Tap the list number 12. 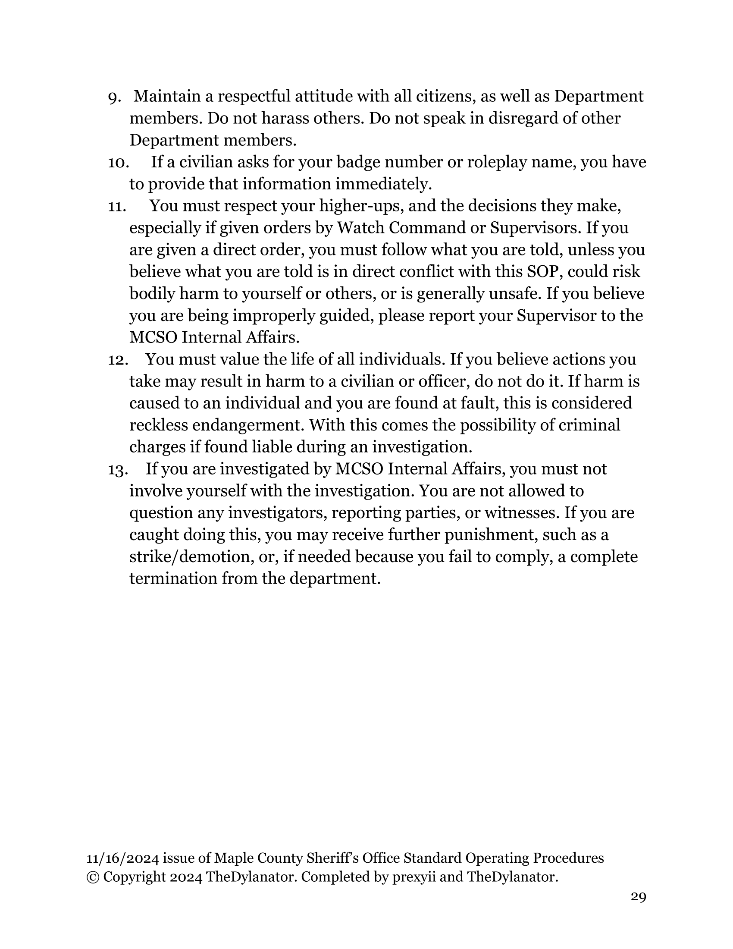pyautogui.click(x=117, y=360)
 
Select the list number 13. pyautogui.click(x=117, y=470)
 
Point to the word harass pyautogui.click(x=281, y=118)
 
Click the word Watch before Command pyautogui.click(x=360, y=228)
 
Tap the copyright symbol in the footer pyautogui.click(x=93, y=877)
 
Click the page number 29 pyautogui.click(x=638, y=896)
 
